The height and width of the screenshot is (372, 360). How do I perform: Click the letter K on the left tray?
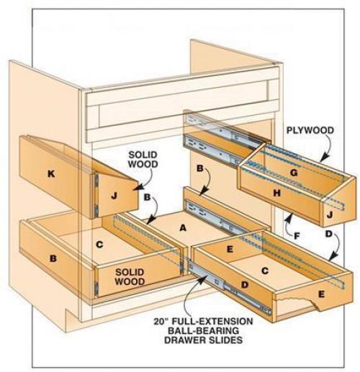point(51,173)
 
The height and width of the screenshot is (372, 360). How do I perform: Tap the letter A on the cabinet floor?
point(183,228)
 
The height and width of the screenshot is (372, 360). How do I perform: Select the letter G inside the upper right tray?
point(294,173)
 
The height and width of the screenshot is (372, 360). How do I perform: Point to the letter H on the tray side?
point(277,193)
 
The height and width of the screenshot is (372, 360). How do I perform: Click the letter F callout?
point(297,237)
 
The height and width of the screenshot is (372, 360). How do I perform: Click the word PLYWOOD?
point(310,130)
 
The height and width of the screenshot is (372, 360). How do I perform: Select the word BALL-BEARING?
point(203,331)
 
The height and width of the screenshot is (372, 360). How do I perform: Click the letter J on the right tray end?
point(330,215)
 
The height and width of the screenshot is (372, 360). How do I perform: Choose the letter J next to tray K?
point(114,196)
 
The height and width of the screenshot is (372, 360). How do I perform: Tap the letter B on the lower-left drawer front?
point(53,258)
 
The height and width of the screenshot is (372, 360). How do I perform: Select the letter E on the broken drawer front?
point(321,294)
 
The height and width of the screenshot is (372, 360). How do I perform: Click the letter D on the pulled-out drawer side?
point(245,285)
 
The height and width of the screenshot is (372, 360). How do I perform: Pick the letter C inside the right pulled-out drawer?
point(265,271)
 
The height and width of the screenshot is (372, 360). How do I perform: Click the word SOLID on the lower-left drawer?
point(130,272)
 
